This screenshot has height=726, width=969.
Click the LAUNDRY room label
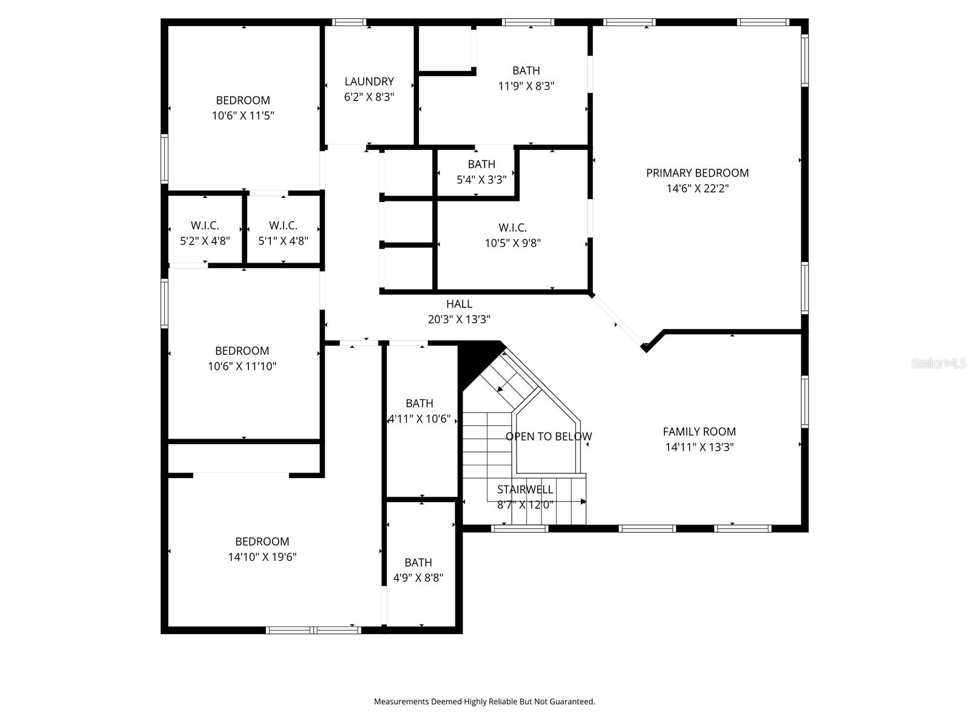click(x=369, y=81)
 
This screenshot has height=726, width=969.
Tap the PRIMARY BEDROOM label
click(x=697, y=173)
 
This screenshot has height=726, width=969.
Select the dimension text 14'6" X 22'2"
click(x=697, y=188)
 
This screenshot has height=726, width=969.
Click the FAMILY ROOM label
click(x=699, y=431)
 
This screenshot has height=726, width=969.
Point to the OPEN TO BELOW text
click(x=549, y=436)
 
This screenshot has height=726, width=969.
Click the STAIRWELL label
click(x=525, y=489)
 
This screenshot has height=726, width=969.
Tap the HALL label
click(x=459, y=304)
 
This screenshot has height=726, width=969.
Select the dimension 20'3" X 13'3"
click(x=459, y=319)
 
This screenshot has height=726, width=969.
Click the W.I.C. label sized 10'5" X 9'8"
click(x=512, y=227)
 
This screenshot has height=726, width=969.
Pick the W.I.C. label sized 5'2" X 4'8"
click(x=205, y=226)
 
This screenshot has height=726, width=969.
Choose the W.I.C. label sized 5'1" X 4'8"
click(x=283, y=226)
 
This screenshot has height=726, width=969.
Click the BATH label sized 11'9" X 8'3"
click(x=526, y=71)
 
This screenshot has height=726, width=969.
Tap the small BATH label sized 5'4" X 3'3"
click(x=481, y=164)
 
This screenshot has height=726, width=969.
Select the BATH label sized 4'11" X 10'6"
click(x=419, y=403)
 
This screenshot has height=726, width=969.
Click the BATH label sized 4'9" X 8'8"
click(x=418, y=562)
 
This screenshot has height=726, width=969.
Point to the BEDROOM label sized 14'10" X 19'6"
click(x=262, y=541)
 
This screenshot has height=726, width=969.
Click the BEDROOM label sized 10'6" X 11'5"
click(x=243, y=100)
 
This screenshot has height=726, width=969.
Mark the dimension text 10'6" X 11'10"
click(x=242, y=366)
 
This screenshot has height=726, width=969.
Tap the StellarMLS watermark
click(x=939, y=363)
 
